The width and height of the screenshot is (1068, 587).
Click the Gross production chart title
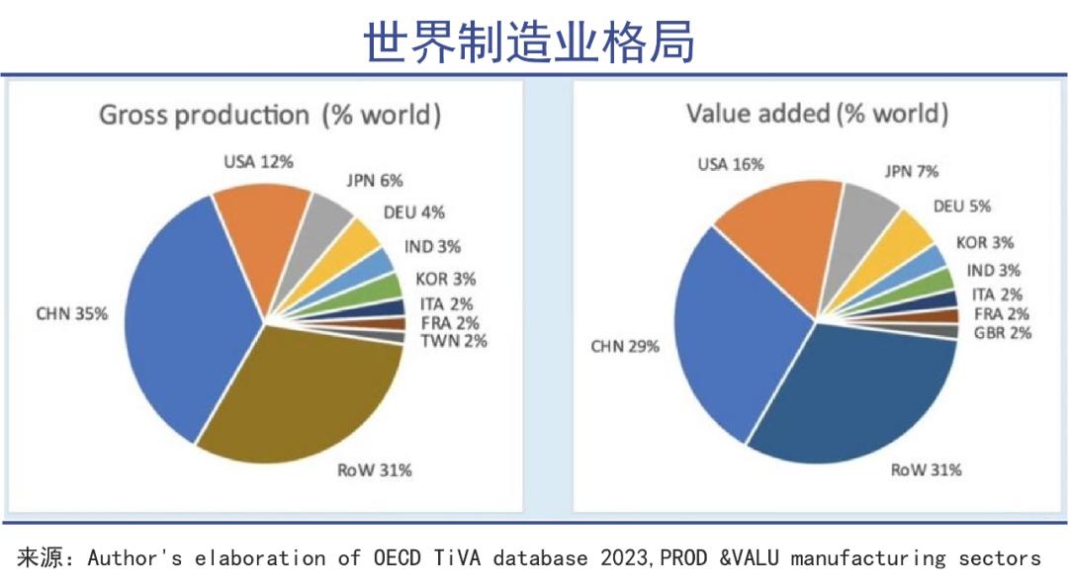[x=270, y=115]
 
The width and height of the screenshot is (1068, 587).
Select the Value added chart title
[x=817, y=114]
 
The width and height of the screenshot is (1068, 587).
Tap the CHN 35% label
[x=71, y=314]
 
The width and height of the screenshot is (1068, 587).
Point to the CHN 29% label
[x=625, y=347]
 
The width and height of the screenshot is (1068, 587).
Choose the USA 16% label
[x=731, y=165]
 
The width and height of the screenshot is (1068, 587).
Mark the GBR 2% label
[x=1002, y=333]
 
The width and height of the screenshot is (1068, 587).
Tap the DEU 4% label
[x=413, y=211]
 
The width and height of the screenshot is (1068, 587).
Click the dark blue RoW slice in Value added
[x=850, y=395]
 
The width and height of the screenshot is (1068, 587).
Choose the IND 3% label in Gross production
[x=432, y=246]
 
